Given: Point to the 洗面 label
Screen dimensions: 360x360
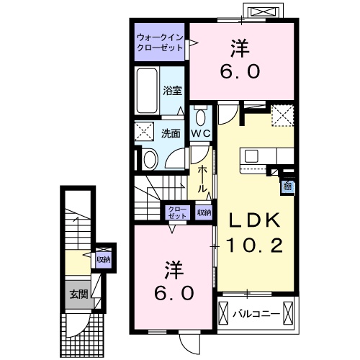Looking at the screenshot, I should click(x=170, y=133).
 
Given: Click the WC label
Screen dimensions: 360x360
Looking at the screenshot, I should click(x=200, y=133).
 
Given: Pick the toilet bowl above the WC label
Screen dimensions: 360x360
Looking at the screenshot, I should click(x=200, y=116).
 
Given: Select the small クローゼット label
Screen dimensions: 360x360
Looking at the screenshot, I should click(x=176, y=212).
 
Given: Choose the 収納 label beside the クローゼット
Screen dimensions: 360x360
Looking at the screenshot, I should click(x=204, y=212).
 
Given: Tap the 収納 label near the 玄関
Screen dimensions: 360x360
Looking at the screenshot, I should click(x=104, y=258).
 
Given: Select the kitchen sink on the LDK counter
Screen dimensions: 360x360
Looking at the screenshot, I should click(x=254, y=156).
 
